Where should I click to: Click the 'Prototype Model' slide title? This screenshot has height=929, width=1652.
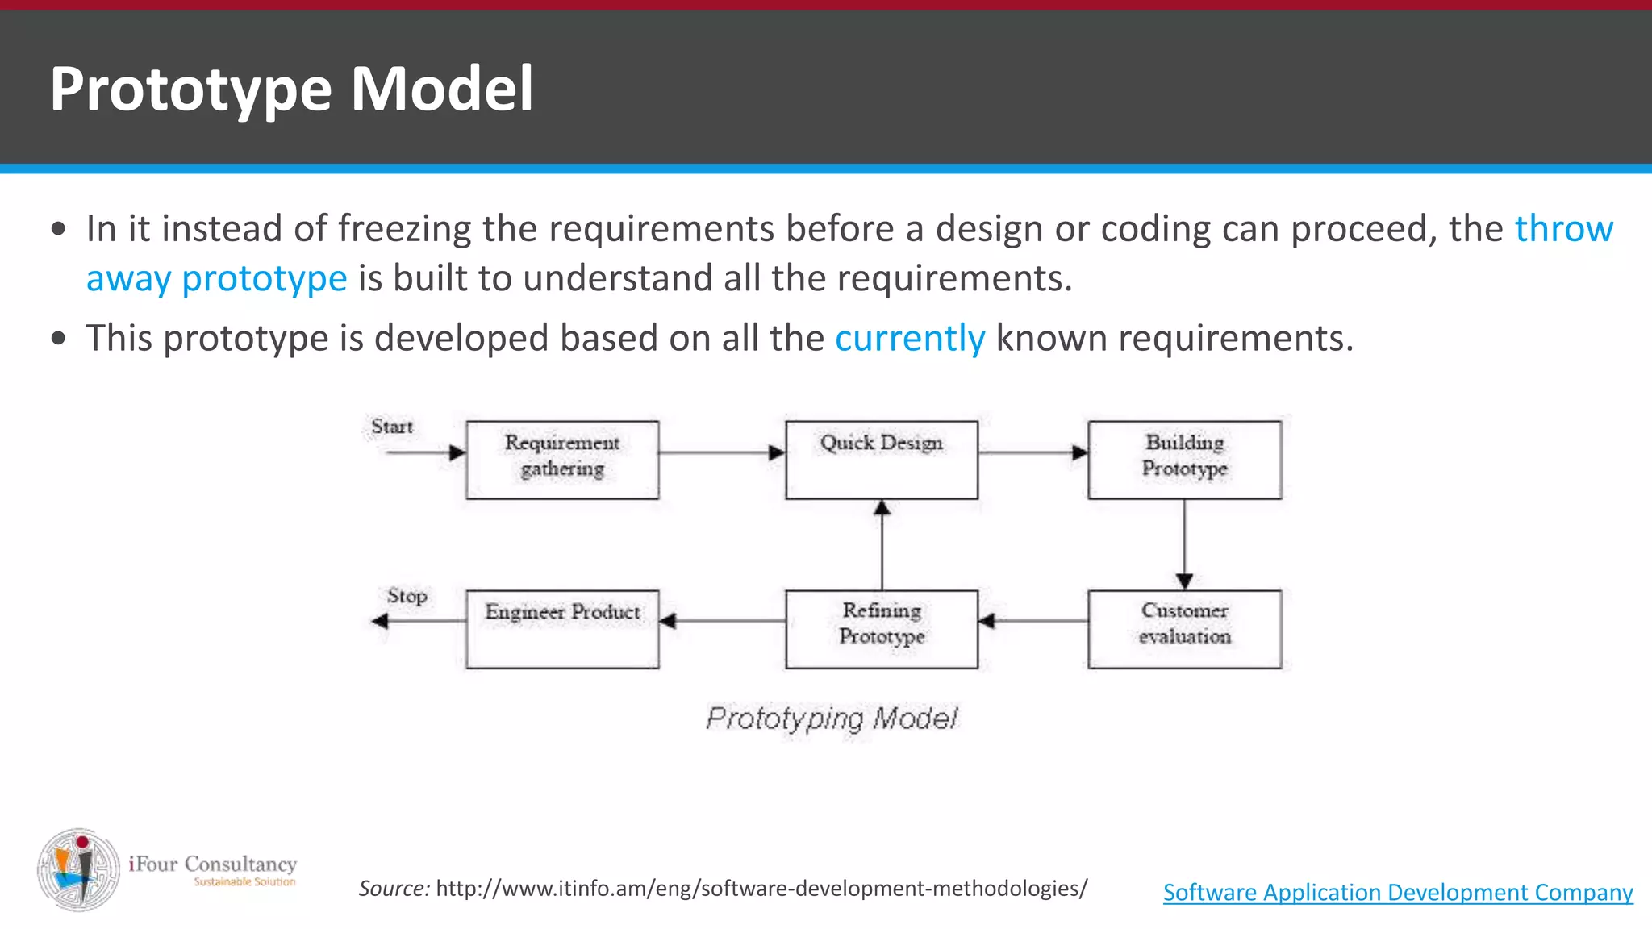pos(291,88)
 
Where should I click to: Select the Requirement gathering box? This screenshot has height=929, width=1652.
pos(562,459)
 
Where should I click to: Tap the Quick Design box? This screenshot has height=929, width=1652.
pos(882,459)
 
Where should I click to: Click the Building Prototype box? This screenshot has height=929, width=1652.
pos(1184,459)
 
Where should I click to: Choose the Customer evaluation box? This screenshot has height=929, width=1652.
pos(1184,628)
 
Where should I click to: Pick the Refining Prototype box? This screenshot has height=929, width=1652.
pos(882,628)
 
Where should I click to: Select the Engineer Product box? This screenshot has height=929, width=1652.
pos(562,628)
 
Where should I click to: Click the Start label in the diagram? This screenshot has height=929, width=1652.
pos(392,427)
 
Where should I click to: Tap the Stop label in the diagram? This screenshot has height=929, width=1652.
pos(407,596)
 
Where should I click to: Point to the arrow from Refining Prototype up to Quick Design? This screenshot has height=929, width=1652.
pos(882,545)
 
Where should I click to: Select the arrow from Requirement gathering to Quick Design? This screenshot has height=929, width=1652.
pos(721,452)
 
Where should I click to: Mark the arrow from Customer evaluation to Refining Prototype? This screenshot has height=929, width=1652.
pos(1032,621)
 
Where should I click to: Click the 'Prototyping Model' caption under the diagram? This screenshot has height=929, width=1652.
pos(832,718)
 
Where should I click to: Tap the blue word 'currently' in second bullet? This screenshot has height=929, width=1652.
pos(909,338)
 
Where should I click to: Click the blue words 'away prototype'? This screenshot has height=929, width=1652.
pos(216,278)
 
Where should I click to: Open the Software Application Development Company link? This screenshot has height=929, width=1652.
pos(1397,893)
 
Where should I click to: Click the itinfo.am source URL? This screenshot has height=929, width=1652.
pos(761,889)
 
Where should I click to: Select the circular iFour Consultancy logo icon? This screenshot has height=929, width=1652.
pos(78,869)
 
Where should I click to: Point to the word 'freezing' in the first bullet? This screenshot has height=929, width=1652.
pos(404,229)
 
